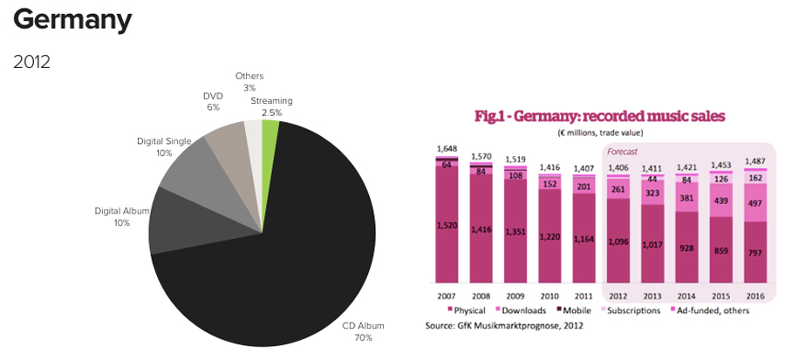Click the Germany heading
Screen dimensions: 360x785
(72, 19)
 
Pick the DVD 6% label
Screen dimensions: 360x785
(214, 101)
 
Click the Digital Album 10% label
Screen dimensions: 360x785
(121, 216)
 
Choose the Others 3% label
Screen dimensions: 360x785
(249, 82)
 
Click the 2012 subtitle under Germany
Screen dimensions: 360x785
(32, 62)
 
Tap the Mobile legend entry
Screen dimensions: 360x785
(573, 310)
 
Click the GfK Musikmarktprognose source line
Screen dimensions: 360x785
(503, 325)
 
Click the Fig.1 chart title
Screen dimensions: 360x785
(599, 116)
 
